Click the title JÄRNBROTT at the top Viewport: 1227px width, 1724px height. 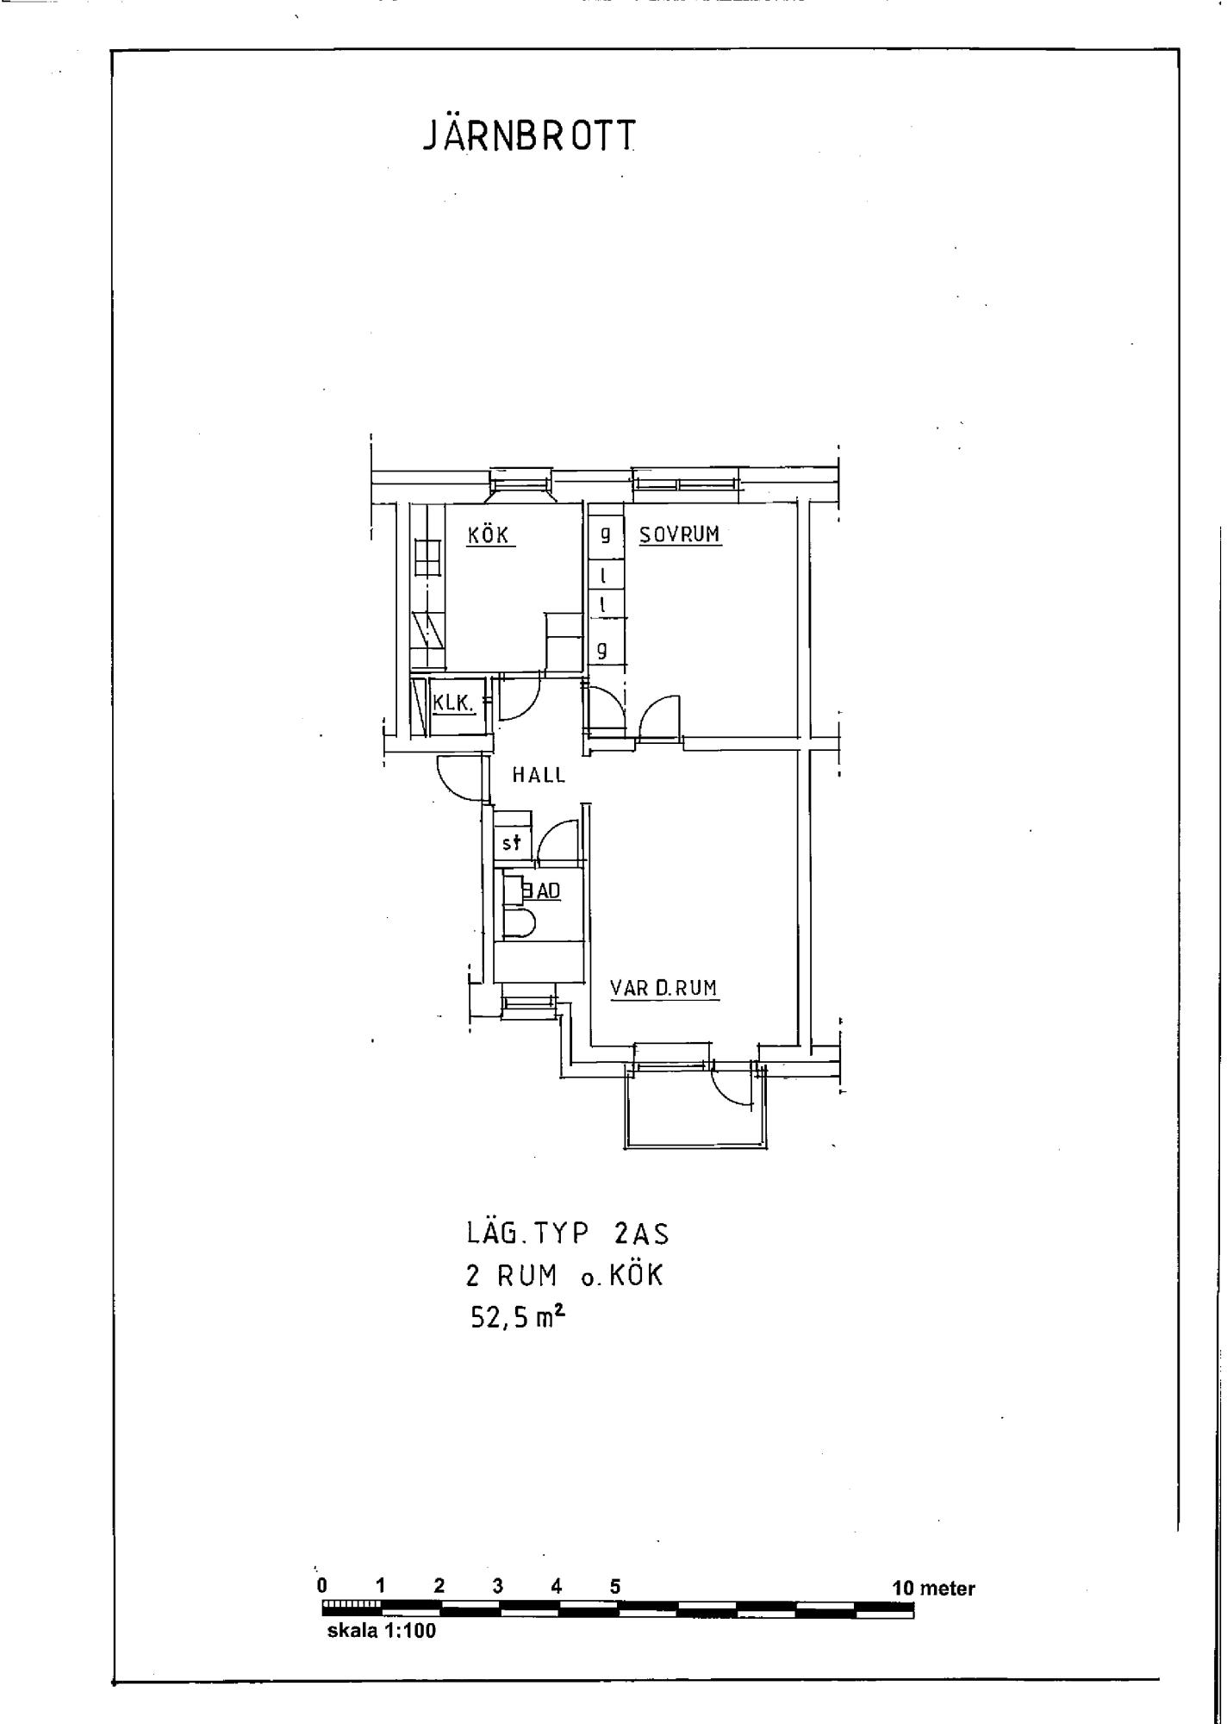coord(530,136)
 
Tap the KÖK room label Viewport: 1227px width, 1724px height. coord(489,534)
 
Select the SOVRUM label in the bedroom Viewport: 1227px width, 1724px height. coord(679,534)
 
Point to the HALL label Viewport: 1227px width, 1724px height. coord(539,775)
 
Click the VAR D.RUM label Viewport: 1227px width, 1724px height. coord(663,988)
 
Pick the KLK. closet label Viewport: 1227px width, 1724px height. coord(453,703)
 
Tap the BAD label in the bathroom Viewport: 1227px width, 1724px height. coord(542,890)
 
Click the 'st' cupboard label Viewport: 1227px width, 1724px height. coord(512,842)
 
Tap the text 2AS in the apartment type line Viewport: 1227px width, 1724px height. coord(641,1234)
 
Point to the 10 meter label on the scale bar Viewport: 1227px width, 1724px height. coord(934,1588)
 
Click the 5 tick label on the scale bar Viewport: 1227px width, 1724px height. coord(615,1586)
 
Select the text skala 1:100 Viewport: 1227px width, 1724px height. coord(382,1631)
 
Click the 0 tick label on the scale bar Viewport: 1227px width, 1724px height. coord(322,1586)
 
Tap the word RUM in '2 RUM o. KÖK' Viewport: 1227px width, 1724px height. coord(526,1276)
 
